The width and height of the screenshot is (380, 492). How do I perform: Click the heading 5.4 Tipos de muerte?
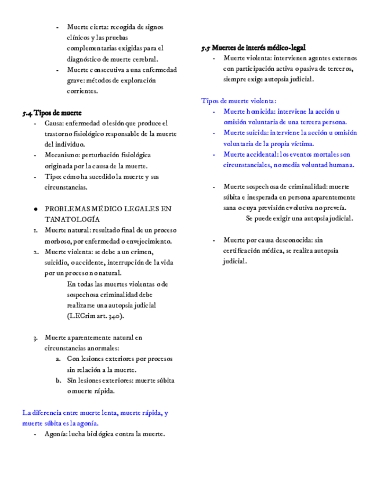52,113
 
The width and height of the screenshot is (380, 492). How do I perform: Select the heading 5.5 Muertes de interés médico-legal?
254,48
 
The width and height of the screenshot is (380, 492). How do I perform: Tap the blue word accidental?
262,154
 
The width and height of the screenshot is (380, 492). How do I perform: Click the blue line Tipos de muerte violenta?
238,100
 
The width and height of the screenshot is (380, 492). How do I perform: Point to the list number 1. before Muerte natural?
35,230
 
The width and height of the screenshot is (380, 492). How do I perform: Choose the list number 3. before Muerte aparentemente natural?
35,338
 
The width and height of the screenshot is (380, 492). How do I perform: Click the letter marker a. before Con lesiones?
59,359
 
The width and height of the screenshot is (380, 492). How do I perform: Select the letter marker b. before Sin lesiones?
59,381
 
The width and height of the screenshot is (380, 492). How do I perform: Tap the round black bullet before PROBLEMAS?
36,208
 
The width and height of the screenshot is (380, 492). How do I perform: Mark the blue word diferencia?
47,413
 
